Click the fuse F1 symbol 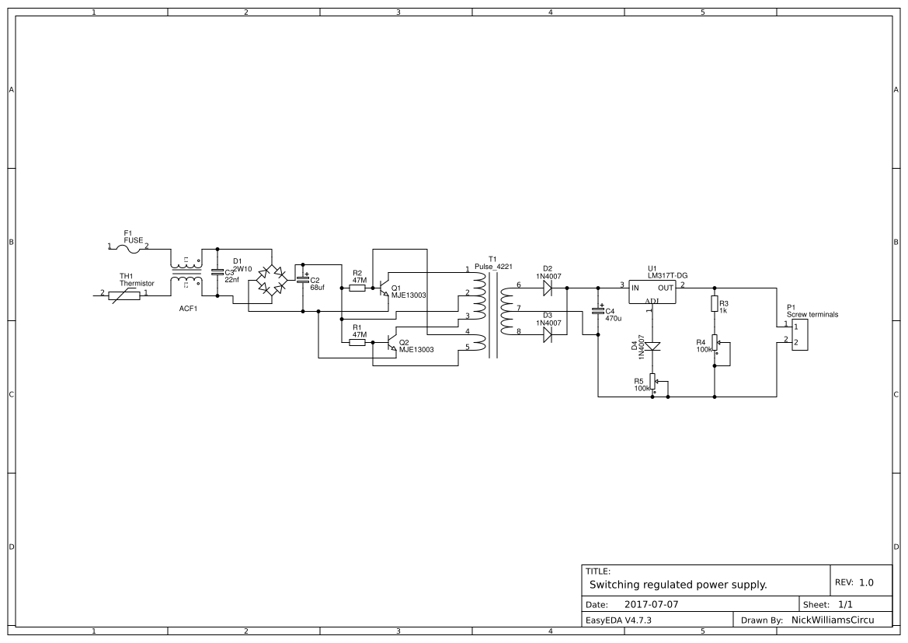pos(128,247)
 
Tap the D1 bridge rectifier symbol pos(271,279)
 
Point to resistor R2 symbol pos(357,288)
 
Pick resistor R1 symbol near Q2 pos(357,342)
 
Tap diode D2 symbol pos(548,288)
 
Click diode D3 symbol pos(548,334)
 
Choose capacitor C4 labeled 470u pos(598,310)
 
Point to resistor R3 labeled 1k pos(715,303)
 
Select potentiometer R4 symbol pos(715,343)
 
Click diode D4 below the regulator pos(653,346)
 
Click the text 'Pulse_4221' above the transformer pos(493,266)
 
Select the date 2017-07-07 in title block pos(650,604)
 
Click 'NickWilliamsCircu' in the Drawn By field pos(830,620)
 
